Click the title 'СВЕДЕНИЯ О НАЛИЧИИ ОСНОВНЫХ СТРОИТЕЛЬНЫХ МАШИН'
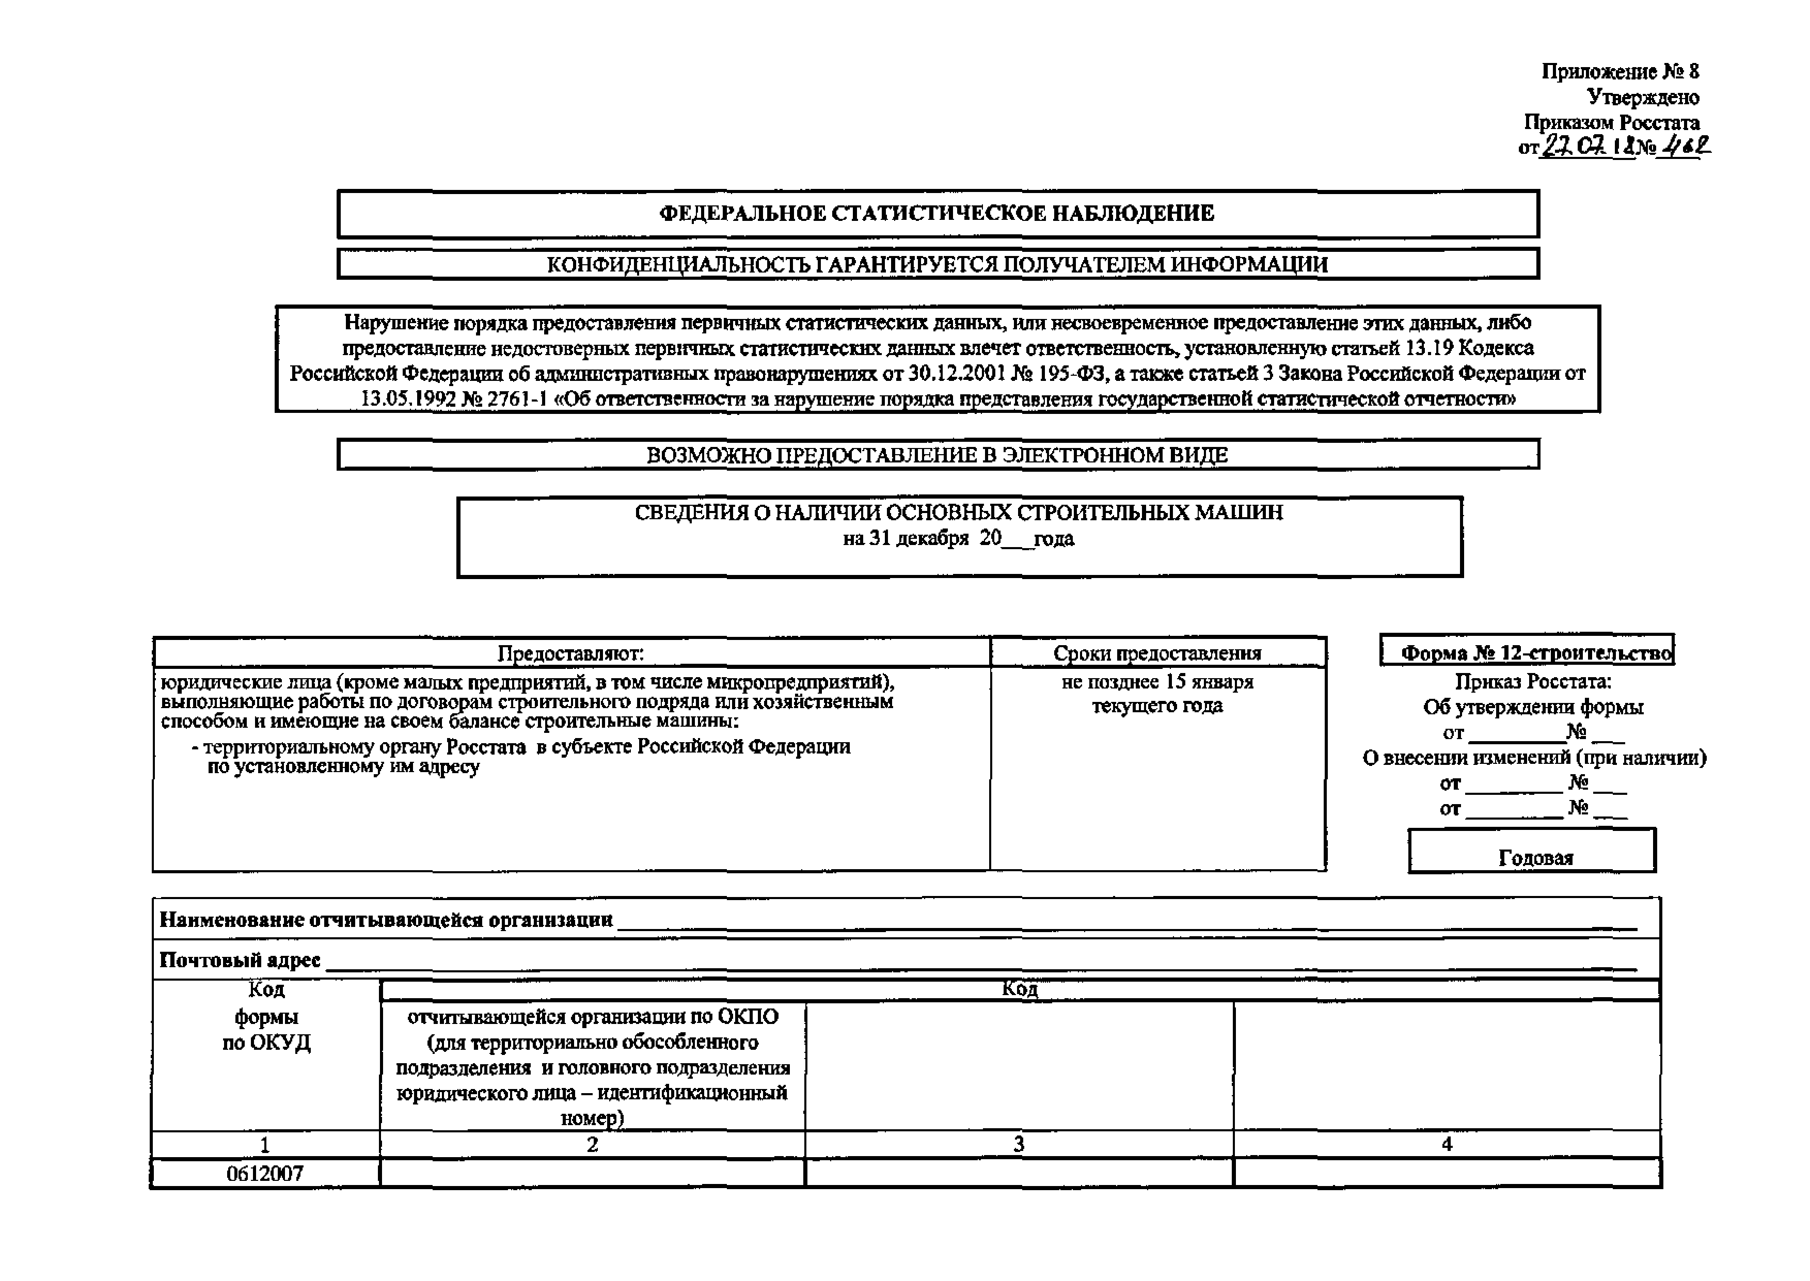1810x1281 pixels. [959, 513]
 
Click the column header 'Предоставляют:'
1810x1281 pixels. [570, 653]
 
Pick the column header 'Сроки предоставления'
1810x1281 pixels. [1157, 653]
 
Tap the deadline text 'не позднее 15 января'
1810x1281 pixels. [1157, 681]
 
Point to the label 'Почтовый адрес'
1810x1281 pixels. [240, 960]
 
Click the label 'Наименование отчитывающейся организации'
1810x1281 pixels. [386, 920]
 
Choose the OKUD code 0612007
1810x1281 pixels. [265, 1174]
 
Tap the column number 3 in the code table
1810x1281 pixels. [1019, 1145]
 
